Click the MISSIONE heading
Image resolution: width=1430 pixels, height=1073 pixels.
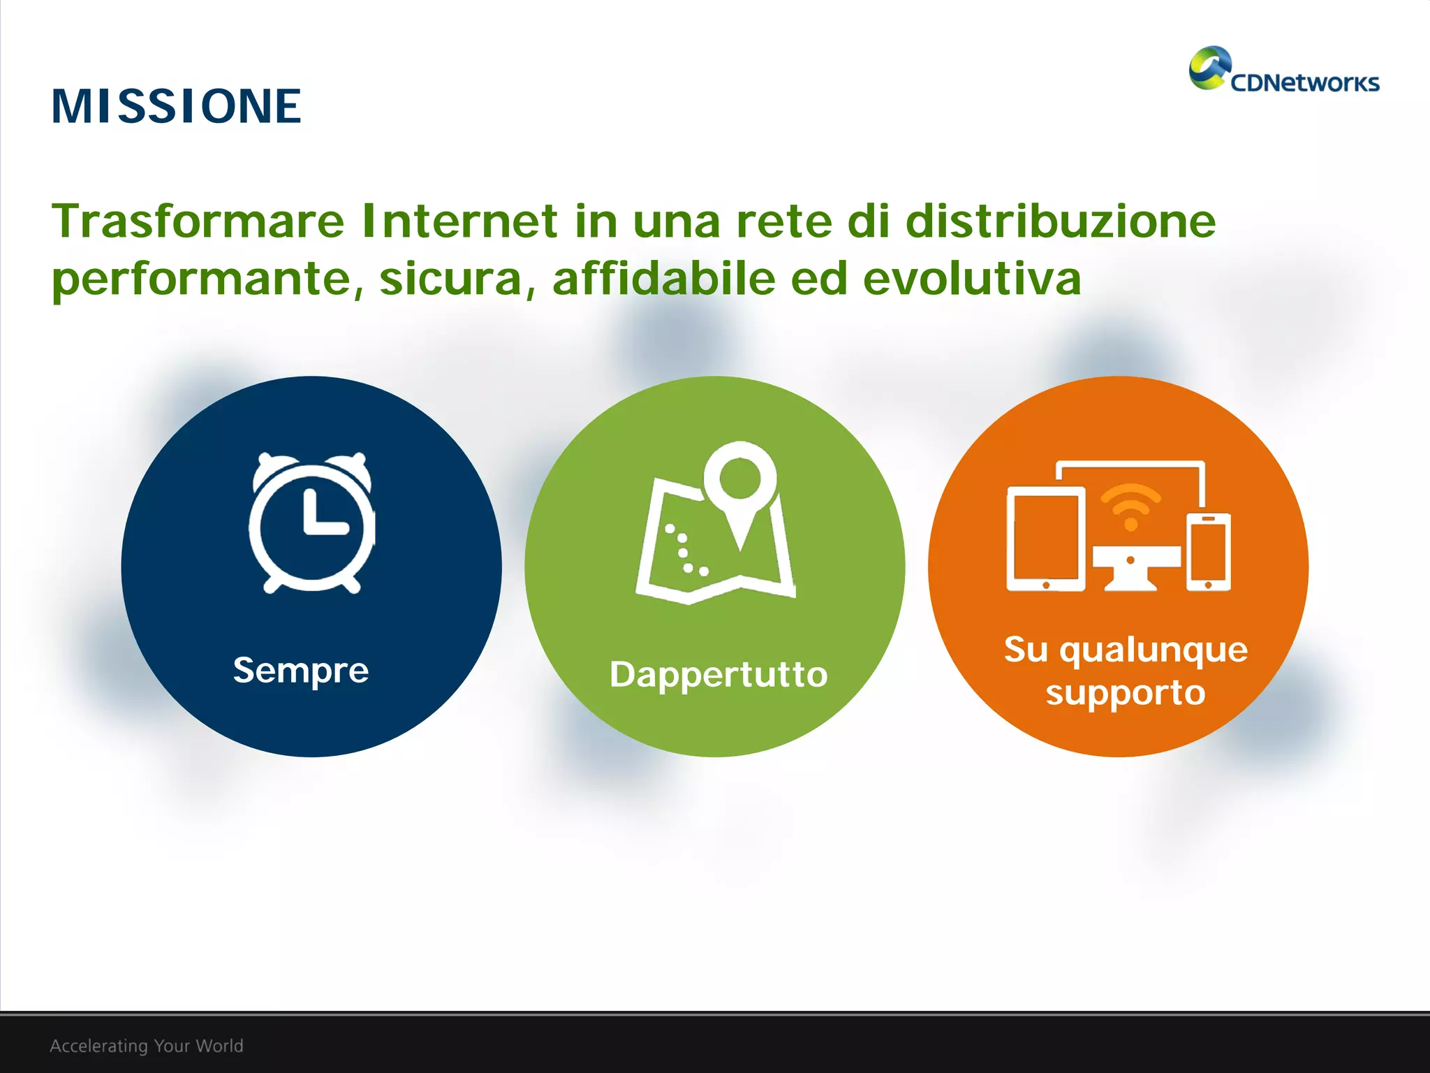pos(176,107)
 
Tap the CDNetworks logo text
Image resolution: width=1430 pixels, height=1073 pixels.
pos(1304,83)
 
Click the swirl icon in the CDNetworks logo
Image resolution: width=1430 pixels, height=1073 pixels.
pos(1209,68)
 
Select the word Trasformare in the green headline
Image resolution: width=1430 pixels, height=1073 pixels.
pos(198,221)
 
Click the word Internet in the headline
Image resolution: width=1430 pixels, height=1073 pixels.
pos(459,221)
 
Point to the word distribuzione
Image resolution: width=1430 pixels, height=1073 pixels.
pos(1060,221)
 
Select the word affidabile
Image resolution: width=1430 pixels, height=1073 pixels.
pos(663,278)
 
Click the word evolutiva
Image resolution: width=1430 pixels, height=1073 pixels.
pos(971,278)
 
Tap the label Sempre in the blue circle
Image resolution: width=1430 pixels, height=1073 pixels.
pos(301,671)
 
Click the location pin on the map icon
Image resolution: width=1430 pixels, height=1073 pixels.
pos(740,482)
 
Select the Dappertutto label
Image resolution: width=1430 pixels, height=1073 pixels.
pos(718,675)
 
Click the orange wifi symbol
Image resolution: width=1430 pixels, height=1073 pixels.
pos(1130,506)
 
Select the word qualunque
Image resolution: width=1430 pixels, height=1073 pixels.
pos(1153,650)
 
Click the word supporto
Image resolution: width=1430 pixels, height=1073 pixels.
pos(1125,693)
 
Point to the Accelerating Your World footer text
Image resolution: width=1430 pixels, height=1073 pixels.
pos(147,1046)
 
